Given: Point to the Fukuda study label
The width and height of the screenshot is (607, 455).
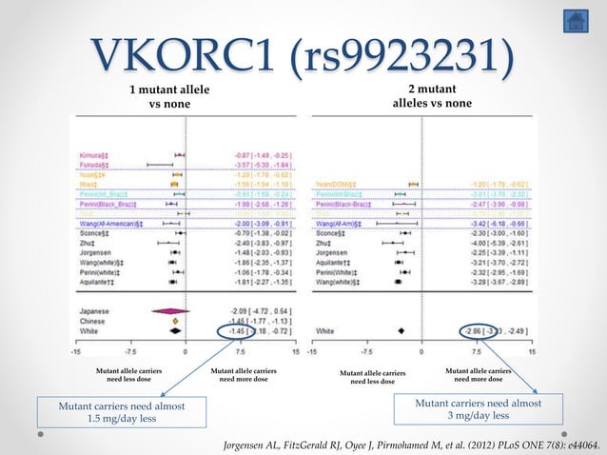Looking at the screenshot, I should (95, 164).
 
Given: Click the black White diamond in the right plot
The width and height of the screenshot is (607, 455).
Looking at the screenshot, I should (402, 330).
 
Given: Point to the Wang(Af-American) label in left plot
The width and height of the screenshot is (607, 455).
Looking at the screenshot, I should (108, 223).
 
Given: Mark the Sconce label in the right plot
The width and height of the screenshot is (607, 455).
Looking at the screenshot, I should (332, 232).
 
